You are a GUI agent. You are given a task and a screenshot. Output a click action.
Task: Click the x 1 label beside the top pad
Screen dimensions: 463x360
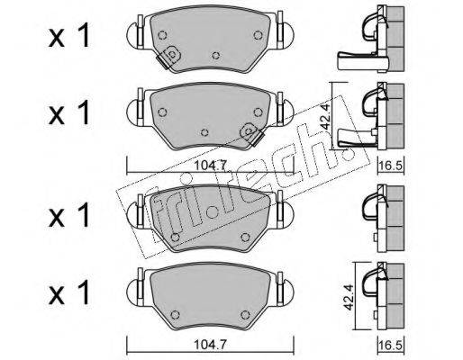(69, 36)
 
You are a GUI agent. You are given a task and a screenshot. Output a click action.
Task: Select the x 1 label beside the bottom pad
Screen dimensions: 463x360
(69, 292)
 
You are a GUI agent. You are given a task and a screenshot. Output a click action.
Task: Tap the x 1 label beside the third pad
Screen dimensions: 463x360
(69, 214)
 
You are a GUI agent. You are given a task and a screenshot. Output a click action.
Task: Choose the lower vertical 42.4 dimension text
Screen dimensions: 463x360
(349, 297)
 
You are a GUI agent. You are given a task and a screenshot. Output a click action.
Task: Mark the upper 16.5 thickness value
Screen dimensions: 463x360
(391, 166)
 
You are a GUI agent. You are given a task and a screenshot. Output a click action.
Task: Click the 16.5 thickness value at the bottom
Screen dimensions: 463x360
(391, 345)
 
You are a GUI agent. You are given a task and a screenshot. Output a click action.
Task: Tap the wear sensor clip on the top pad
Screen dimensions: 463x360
(168, 57)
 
